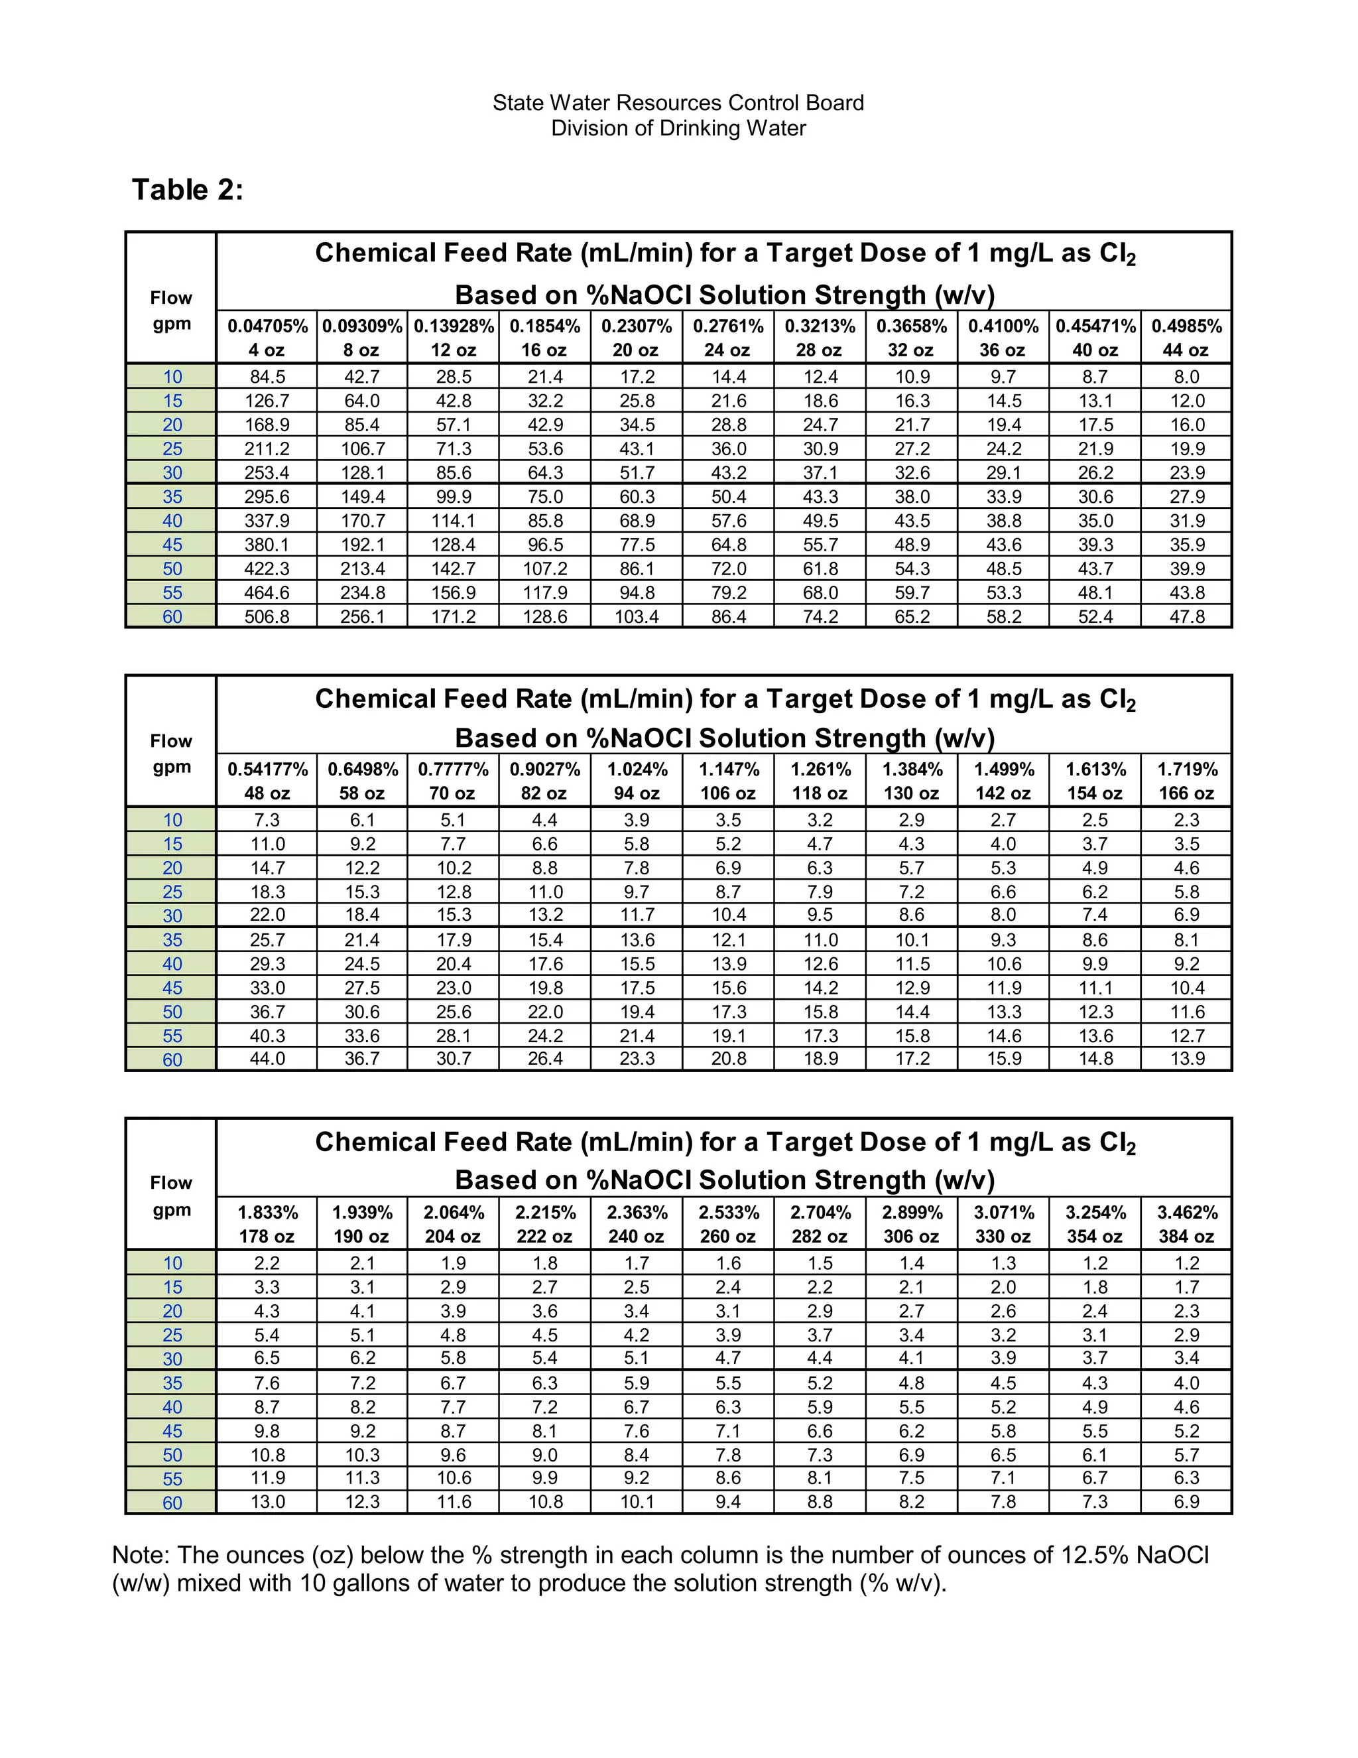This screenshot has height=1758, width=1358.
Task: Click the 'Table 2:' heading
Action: [188, 190]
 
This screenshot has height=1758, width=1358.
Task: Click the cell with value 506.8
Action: [267, 616]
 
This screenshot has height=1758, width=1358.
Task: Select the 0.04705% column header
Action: [267, 326]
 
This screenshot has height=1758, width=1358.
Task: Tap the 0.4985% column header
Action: [1187, 326]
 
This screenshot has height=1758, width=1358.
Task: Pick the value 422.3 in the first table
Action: [267, 569]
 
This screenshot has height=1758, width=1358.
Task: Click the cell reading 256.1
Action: [362, 616]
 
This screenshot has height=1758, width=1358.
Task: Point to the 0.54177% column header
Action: [267, 770]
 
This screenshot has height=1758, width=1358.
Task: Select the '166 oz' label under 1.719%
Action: [1187, 793]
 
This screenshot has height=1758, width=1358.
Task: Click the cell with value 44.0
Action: [267, 1059]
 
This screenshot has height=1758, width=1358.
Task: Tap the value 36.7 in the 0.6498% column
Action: [362, 1059]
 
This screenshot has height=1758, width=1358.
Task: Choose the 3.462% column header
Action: [1187, 1212]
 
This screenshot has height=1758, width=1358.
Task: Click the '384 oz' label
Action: [1187, 1237]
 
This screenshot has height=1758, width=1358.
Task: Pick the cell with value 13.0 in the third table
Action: [267, 1502]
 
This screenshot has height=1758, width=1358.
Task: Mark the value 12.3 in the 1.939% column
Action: [362, 1502]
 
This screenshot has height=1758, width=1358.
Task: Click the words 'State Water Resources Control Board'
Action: [678, 103]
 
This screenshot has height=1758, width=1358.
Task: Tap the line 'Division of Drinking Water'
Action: [678, 129]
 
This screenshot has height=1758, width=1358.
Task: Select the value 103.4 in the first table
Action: [637, 616]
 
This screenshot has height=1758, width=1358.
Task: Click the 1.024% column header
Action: [637, 770]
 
